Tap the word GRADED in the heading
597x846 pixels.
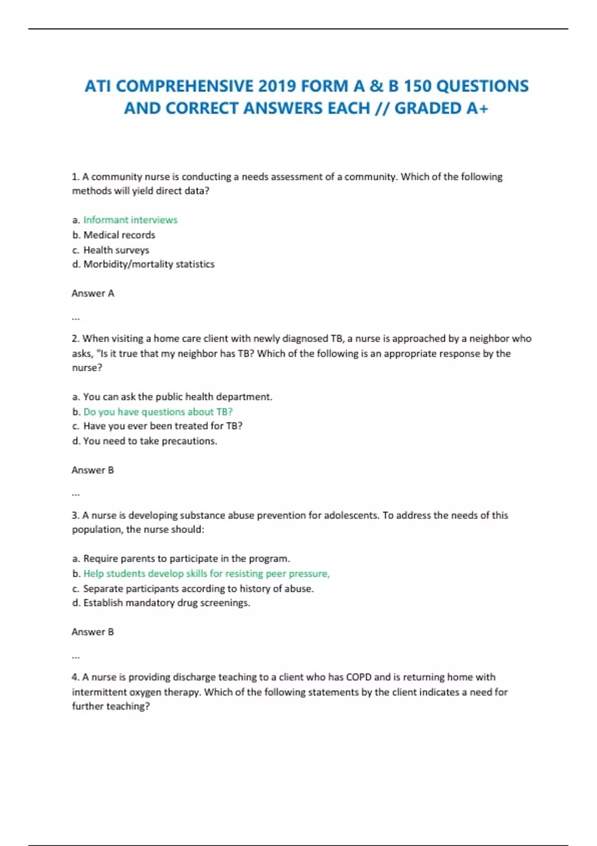(x=428, y=108)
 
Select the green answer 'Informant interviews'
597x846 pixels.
(x=130, y=220)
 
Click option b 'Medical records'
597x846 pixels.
(x=119, y=235)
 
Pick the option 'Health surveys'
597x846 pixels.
(x=116, y=250)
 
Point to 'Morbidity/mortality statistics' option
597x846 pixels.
(x=149, y=264)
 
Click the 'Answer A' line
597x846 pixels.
(x=93, y=293)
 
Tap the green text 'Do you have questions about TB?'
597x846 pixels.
(x=158, y=412)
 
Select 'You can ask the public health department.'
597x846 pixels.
(x=178, y=397)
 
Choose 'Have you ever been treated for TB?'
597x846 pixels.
(x=163, y=426)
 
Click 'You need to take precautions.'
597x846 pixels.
(x=150, y=441)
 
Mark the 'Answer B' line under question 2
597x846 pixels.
(x=93, y=470)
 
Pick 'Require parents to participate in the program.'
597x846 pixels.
(x=187, y=558)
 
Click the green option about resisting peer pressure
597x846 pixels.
(x=206, y=573)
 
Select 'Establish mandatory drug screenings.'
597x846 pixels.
(x=167, y=603)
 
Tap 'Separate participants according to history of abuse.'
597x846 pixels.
(x=199, y=588)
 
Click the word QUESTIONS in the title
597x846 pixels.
(x=482, y=86)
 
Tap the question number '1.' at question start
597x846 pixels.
(x=76, y=177)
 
